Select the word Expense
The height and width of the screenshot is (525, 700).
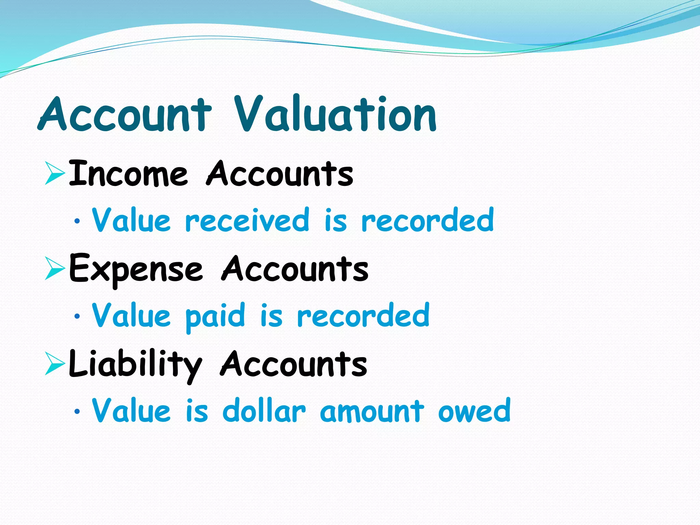(136, 269)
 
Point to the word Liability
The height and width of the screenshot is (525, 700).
(135, 365)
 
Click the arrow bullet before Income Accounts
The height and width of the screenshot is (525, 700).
(55, 174)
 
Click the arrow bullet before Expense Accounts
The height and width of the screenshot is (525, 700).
(55, 269)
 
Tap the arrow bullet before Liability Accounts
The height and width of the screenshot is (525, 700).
(55, 364)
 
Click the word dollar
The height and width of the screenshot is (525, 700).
(264, 411)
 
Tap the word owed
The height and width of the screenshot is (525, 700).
(474, 411)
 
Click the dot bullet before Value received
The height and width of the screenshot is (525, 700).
(77, 221)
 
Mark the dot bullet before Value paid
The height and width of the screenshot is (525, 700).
(77, 317)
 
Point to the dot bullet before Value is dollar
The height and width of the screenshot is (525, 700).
(77, 412)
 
